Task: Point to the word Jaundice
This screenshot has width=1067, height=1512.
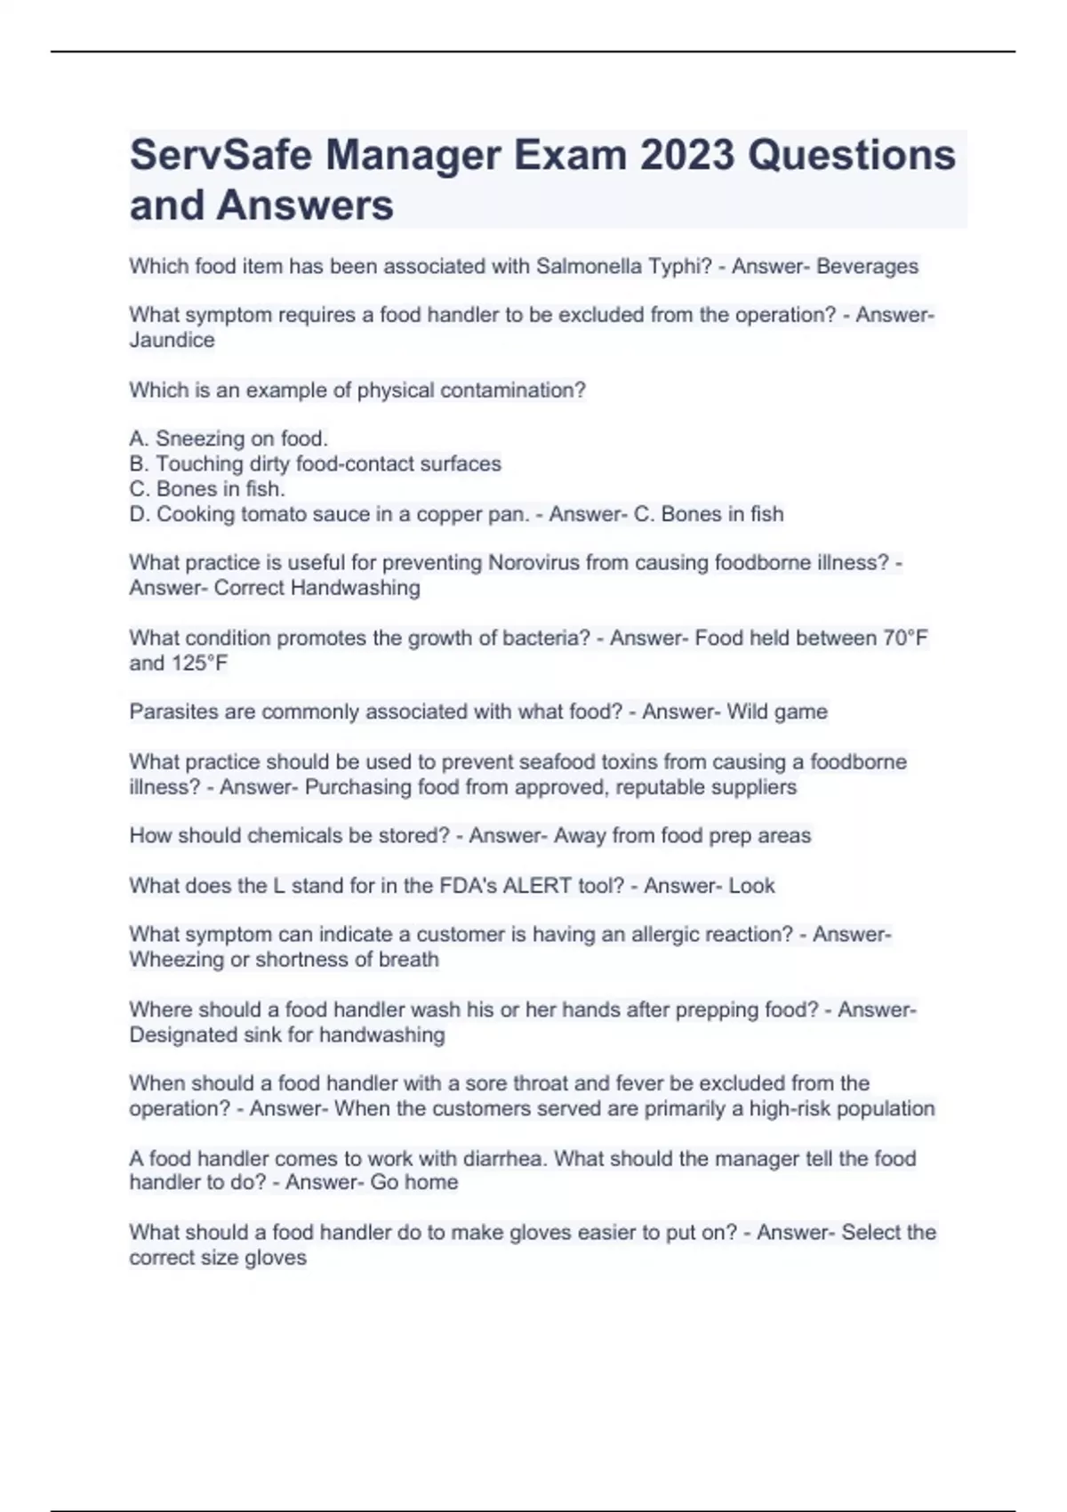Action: click(172, 340)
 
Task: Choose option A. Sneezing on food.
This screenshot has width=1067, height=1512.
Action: click(229, 438)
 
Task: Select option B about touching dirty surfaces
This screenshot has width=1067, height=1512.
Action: click(316, 463)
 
